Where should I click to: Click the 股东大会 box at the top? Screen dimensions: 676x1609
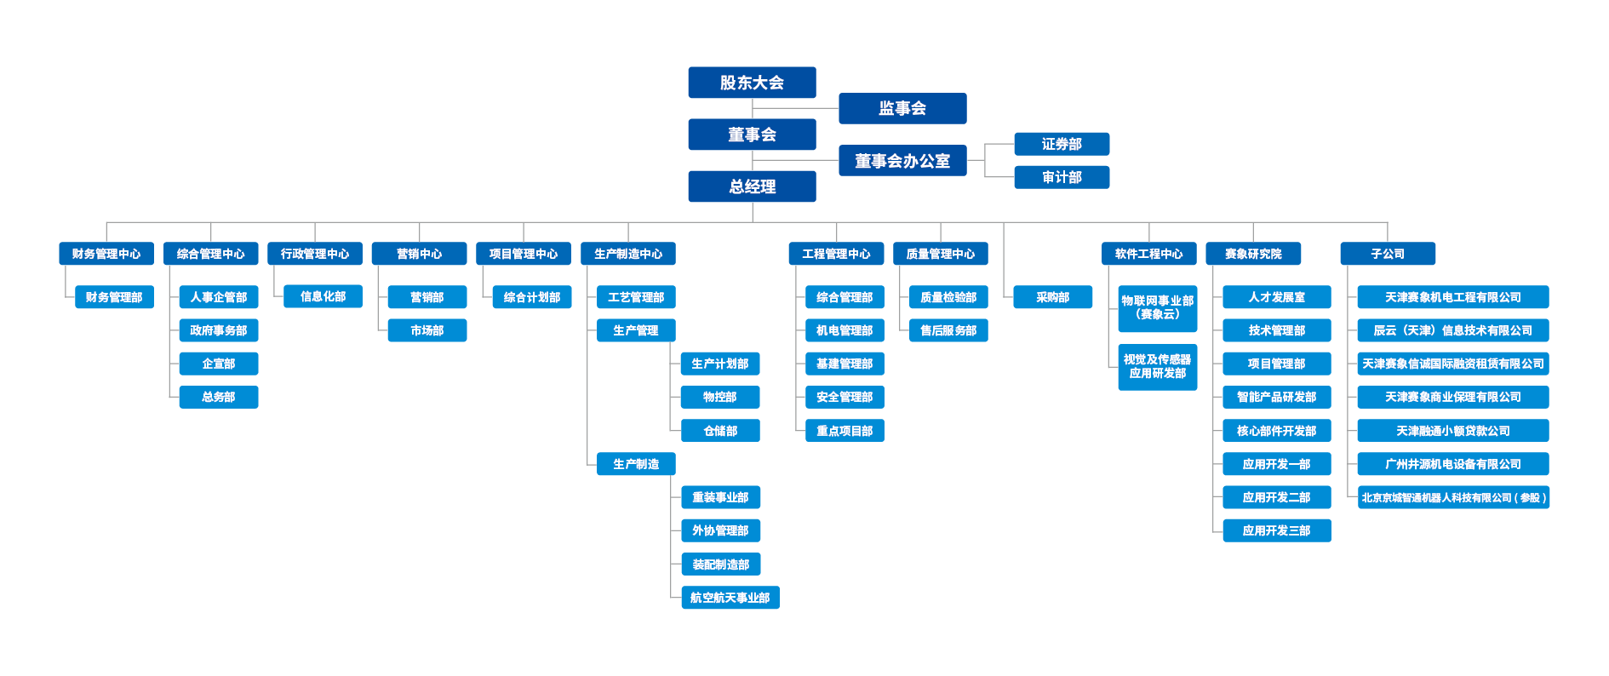point(752,83)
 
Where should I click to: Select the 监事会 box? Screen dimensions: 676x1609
point(902,108)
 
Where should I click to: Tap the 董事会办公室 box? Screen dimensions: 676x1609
point(902,161)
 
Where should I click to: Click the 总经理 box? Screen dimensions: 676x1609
point(752,186)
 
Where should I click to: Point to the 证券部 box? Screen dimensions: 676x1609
point(1062,144)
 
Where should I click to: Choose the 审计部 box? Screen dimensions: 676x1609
point(1062,177)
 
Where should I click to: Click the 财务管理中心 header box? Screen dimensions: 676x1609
point(106,254)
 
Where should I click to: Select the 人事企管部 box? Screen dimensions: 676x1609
point(219,297)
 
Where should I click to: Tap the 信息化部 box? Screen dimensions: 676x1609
point(324,296)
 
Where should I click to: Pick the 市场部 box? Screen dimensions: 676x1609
point(427,330)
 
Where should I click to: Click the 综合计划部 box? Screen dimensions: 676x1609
point(532,297)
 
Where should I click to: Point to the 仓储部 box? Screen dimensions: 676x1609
point(720,431)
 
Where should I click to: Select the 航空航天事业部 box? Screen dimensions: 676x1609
point(730,598)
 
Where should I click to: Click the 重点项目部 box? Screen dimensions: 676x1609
point(845,431)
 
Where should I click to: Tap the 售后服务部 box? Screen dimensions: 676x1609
point(948,330)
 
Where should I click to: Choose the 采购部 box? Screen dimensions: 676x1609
point(1053,297)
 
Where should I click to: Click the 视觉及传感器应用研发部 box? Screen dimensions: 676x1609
point(1158,367)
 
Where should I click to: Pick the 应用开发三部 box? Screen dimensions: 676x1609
point(1276,530)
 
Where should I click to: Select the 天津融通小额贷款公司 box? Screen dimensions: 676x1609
point(1453,431)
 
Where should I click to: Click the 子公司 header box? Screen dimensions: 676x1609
point(1388,254)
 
